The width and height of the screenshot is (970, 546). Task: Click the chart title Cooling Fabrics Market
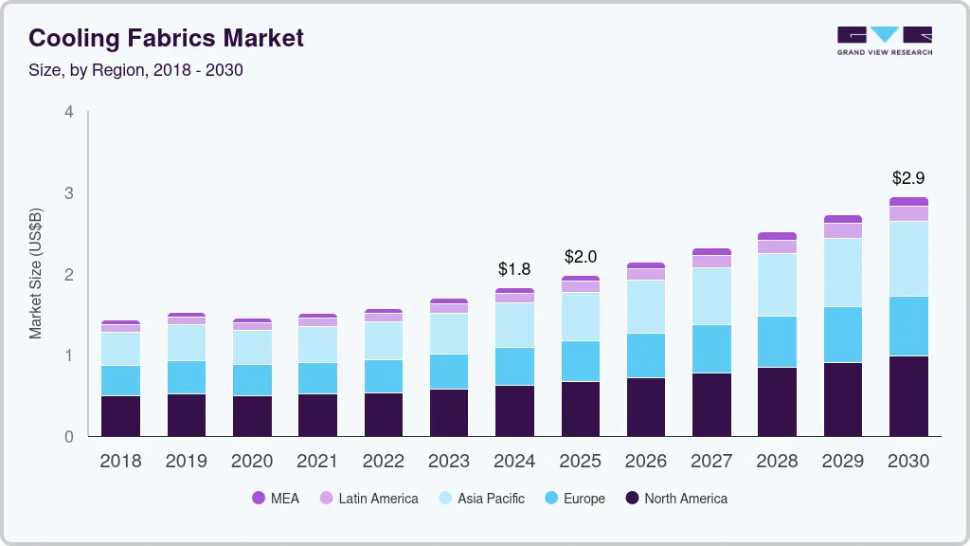click(166, 38)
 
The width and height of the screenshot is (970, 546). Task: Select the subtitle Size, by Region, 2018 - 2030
click(135, 70)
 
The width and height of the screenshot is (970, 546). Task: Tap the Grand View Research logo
click(884, 41)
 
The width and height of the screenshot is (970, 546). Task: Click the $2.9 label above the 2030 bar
click(908, 177)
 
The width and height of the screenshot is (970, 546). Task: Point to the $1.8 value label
click(513, 269)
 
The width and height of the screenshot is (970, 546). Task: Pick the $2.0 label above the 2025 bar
click(580, 257)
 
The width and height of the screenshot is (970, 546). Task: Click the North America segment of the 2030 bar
click(908, 396)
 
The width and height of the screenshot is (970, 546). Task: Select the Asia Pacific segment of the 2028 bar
click(777, 284)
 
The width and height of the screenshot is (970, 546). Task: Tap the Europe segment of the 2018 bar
click(120, 380)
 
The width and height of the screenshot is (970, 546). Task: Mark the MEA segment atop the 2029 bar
click(842, 219)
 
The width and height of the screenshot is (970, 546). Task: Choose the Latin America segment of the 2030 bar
click(908, 213)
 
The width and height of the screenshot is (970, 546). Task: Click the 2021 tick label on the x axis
click(317, 462)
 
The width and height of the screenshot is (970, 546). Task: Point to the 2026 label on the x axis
click(645, 462)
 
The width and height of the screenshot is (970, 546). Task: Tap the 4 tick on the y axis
click(69, 112)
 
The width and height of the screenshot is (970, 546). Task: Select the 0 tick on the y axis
click(69, 437)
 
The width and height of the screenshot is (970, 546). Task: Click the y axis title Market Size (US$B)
click(35, 273)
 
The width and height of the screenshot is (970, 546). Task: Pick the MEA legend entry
click(276, 498)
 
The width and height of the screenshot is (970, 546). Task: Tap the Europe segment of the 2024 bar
click(513, 366)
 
